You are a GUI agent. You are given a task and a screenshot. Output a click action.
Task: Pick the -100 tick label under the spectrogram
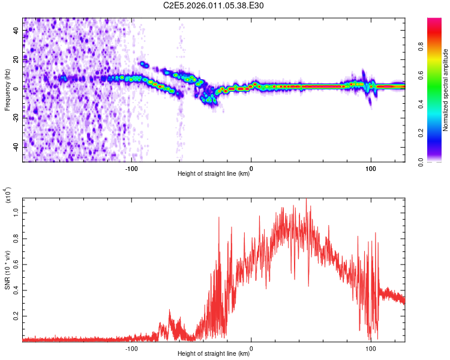(131, 168)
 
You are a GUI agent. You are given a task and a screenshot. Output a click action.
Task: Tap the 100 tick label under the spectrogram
(371, 168)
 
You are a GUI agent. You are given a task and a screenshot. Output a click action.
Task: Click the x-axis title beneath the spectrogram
(214, 174)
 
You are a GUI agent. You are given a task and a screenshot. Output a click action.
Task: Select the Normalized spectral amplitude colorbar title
(445, 90)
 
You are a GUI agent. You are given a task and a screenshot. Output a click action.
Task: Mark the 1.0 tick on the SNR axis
(18, 213)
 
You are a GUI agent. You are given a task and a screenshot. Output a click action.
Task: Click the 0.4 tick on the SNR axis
(18, 290)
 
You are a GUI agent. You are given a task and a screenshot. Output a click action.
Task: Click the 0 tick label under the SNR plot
(251, 348)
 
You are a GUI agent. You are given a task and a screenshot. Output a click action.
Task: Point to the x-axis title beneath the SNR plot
(214, 354)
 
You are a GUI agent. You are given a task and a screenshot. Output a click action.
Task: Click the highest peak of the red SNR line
(307, 200)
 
